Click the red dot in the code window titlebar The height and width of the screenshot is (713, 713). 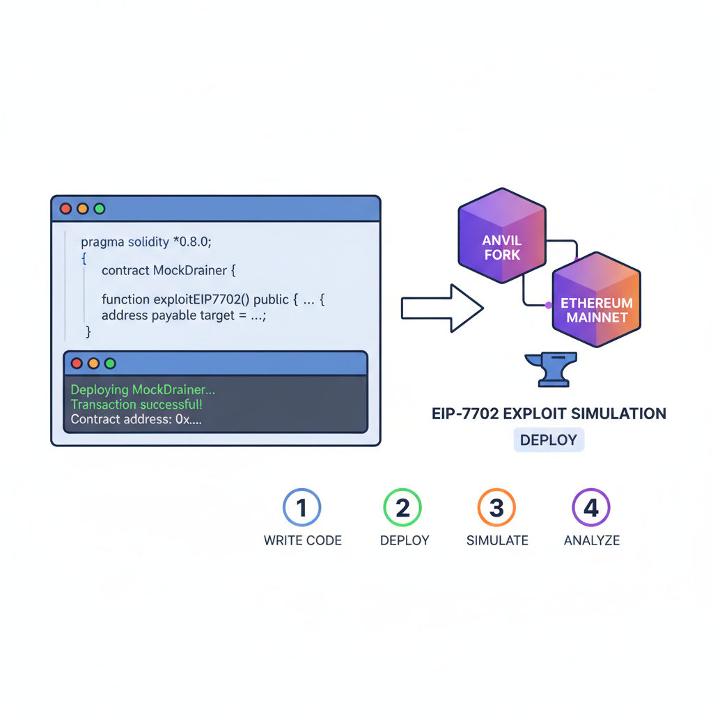tap(66, 208)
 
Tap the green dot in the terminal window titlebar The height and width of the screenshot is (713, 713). tap(110, 363)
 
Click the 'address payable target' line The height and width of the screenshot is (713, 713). tap(184, 315)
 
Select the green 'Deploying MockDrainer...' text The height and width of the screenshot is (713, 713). tap(143, 390)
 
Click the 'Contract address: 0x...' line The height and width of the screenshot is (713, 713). tap(136, 420)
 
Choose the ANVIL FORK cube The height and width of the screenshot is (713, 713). tap(502, 237)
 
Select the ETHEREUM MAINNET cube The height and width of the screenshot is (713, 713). tap(597, 301)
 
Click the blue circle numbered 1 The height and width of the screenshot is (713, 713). tap(301, 507)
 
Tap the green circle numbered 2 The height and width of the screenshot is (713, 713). tap(403, 507)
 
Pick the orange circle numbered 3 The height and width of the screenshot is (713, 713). tap(496, 507)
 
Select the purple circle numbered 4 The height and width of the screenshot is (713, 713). tap(590, 507)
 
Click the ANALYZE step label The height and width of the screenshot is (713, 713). tap(591, 540)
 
